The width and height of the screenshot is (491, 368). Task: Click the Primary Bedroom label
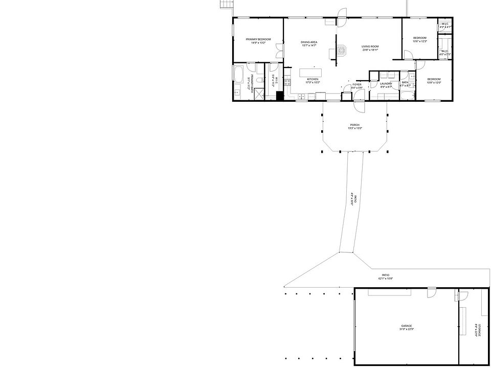[x=258, y=41]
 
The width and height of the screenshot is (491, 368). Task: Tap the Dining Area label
[x=309, y=44]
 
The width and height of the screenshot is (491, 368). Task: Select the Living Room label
[x=370, y=48]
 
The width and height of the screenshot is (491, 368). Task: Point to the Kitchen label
[x=313, y=81]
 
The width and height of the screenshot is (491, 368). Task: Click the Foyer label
[x=357, y=86]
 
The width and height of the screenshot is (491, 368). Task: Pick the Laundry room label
[x=386, y=85]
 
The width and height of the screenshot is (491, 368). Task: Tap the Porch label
[x=354, y=126]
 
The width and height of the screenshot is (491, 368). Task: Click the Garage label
[x=407, y=328]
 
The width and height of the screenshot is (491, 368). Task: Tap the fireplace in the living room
[x=341, y=50]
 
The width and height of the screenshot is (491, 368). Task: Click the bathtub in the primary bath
[x=239, y=74]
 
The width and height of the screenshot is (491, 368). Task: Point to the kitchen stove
[x=287, y=82]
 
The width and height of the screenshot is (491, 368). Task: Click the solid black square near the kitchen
[x=279, y=96]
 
